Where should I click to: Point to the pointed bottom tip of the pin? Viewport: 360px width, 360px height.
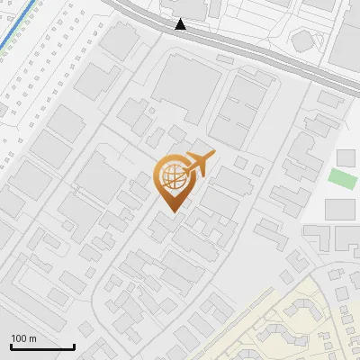[x=173, y=211]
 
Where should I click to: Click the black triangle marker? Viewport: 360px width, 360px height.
[x=181, y=25]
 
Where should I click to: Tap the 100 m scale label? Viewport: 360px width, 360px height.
[x=23, y=339]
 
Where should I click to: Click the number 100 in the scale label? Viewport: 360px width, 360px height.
[x=19, y=339]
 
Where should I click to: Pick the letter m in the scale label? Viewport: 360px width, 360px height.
[x=32, y=339]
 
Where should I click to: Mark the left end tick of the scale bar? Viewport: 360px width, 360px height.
[x=11, y=345]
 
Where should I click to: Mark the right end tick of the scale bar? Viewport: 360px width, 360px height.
[x=74, y=345]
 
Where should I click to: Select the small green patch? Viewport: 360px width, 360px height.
[x=342, y=178]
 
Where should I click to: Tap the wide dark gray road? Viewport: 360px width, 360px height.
[x=270, y=55]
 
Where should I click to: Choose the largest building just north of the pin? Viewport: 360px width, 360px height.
[x=186, y=87]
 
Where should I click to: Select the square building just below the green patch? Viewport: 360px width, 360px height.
[x=340, y=210]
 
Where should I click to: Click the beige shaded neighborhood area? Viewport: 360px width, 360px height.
[x=315, y=324]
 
